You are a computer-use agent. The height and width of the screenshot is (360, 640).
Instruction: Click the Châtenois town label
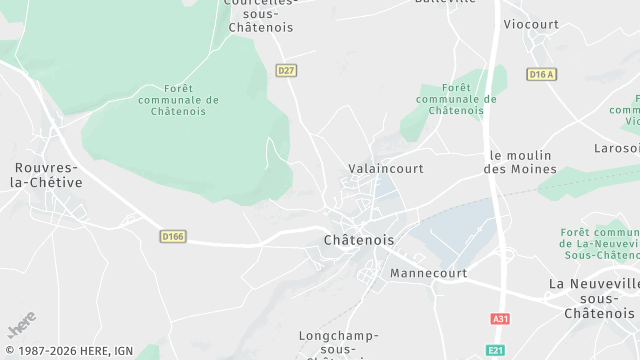pos(359,241)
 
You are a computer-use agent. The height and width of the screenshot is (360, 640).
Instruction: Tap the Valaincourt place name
pos(386,169)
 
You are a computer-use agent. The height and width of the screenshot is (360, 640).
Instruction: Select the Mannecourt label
pos(429,273)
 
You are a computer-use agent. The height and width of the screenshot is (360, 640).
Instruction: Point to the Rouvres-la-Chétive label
pos(47,175)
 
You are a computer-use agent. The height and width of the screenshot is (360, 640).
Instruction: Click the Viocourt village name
pos(531,24)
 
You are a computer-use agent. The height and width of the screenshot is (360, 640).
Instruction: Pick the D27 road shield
pos(287,70)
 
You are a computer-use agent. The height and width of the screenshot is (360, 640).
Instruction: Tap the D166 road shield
pos(173,236)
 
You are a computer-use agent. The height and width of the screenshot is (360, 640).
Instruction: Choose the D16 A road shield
pos(541,74)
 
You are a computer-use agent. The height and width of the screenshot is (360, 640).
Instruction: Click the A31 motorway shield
pos(500,319)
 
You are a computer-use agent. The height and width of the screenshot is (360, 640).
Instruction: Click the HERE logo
pos(21,326)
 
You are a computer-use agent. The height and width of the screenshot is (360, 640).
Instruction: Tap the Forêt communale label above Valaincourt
pos(456,99)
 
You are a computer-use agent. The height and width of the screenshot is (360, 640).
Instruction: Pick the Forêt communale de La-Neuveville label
pos(600,244)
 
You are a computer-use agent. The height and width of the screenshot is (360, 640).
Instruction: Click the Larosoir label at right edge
pos(616,148)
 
